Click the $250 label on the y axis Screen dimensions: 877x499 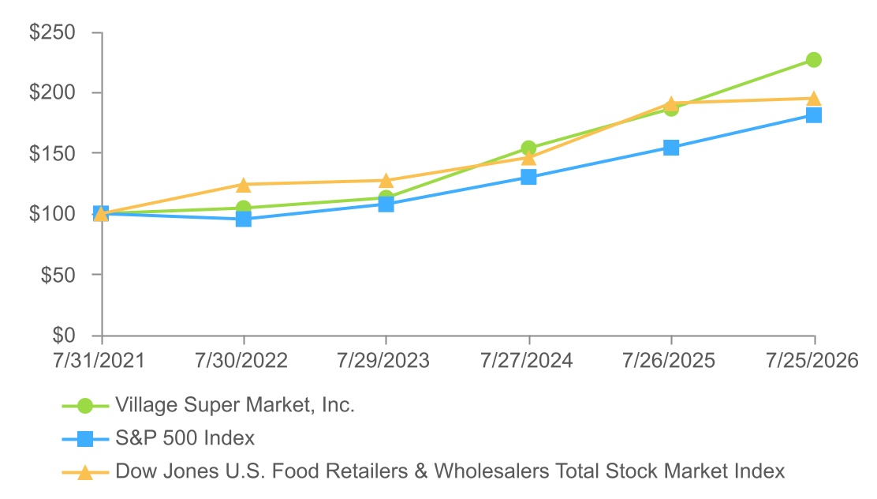point(52,32)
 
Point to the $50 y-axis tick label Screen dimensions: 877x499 point(58,275)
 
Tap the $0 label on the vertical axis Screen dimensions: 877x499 point(64,335)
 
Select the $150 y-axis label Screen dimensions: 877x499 point(52,153)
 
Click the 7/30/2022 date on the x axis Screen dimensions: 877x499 point(241,360)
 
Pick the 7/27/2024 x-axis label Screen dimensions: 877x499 point(526,360)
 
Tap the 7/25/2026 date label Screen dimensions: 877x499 point(812,360)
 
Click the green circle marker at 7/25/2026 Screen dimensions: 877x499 point(814,60)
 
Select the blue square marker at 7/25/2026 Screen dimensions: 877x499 point(814,115)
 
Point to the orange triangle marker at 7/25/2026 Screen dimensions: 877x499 point(814,99)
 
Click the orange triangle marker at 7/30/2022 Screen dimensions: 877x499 point(243,185)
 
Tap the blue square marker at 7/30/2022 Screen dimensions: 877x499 point(243,219)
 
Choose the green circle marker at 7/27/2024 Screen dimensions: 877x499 point(528,148)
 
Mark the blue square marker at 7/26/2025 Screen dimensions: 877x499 point(671,148)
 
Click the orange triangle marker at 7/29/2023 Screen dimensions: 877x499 point(386,181)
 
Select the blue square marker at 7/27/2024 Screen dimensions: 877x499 point(528,177)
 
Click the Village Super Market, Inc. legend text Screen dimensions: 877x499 point(235,405)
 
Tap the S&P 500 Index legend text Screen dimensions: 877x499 point(185,438)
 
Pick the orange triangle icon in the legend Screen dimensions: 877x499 point(85,472)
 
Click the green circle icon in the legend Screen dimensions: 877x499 point(85,406)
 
